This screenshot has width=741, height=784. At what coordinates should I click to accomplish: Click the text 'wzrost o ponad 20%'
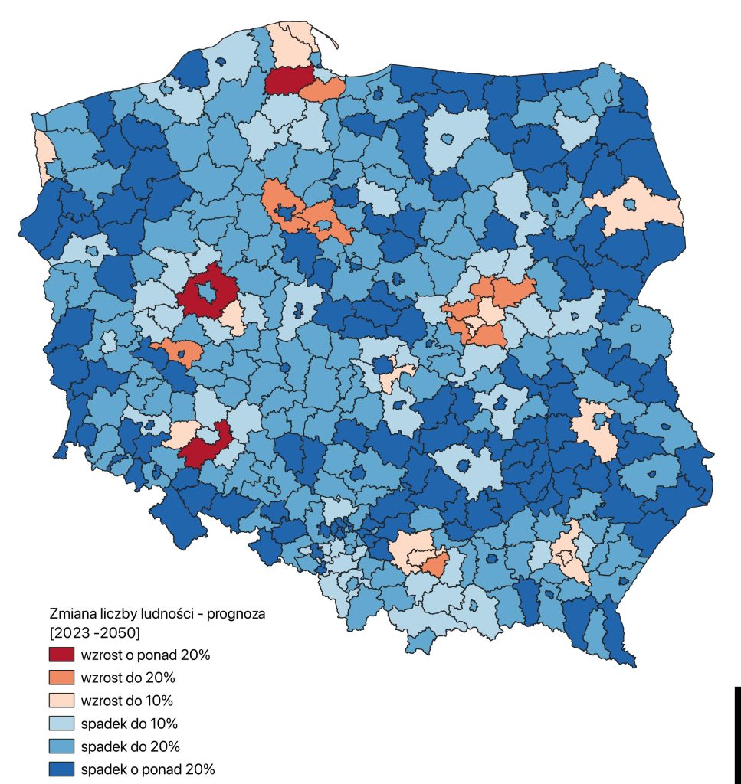pos(145,655)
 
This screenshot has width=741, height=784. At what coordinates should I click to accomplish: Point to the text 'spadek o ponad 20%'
pos(147,769)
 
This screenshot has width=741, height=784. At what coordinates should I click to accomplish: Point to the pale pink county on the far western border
pos(44,153)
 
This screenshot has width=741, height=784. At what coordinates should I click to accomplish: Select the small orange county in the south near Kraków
pos(434,567)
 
